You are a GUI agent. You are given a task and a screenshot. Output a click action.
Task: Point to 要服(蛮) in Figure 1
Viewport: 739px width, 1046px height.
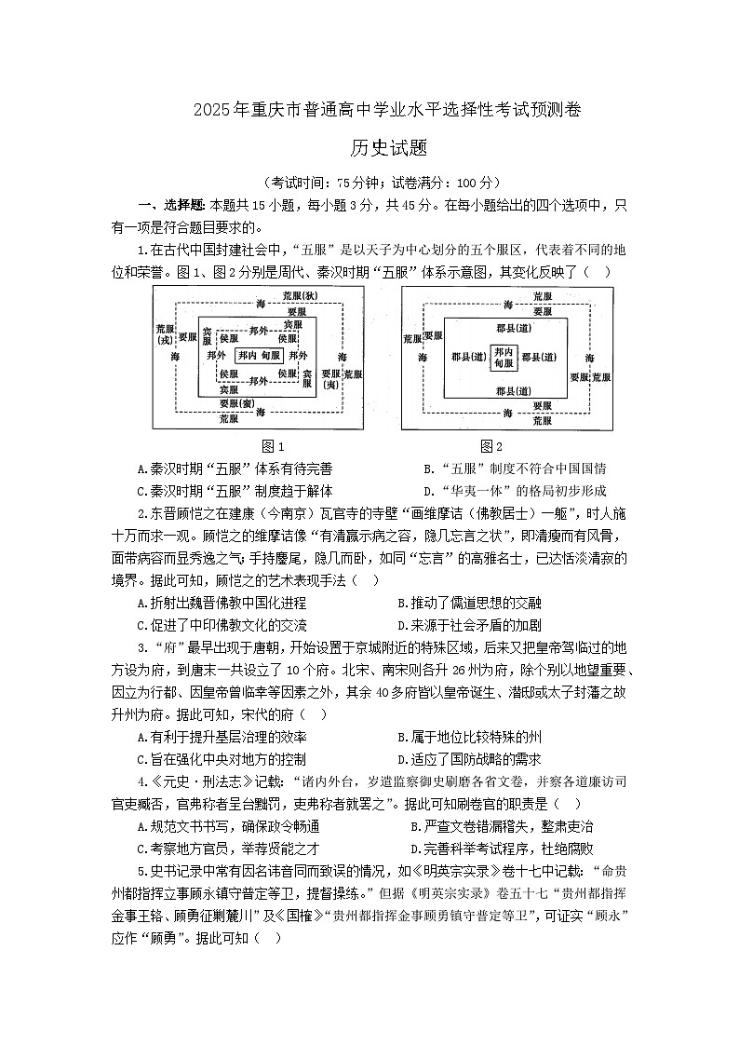point(237,404)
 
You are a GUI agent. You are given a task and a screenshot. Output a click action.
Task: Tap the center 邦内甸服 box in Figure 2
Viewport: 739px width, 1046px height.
point(504,355)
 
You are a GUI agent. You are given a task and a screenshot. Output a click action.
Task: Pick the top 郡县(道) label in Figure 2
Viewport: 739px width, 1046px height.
point(504,328)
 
